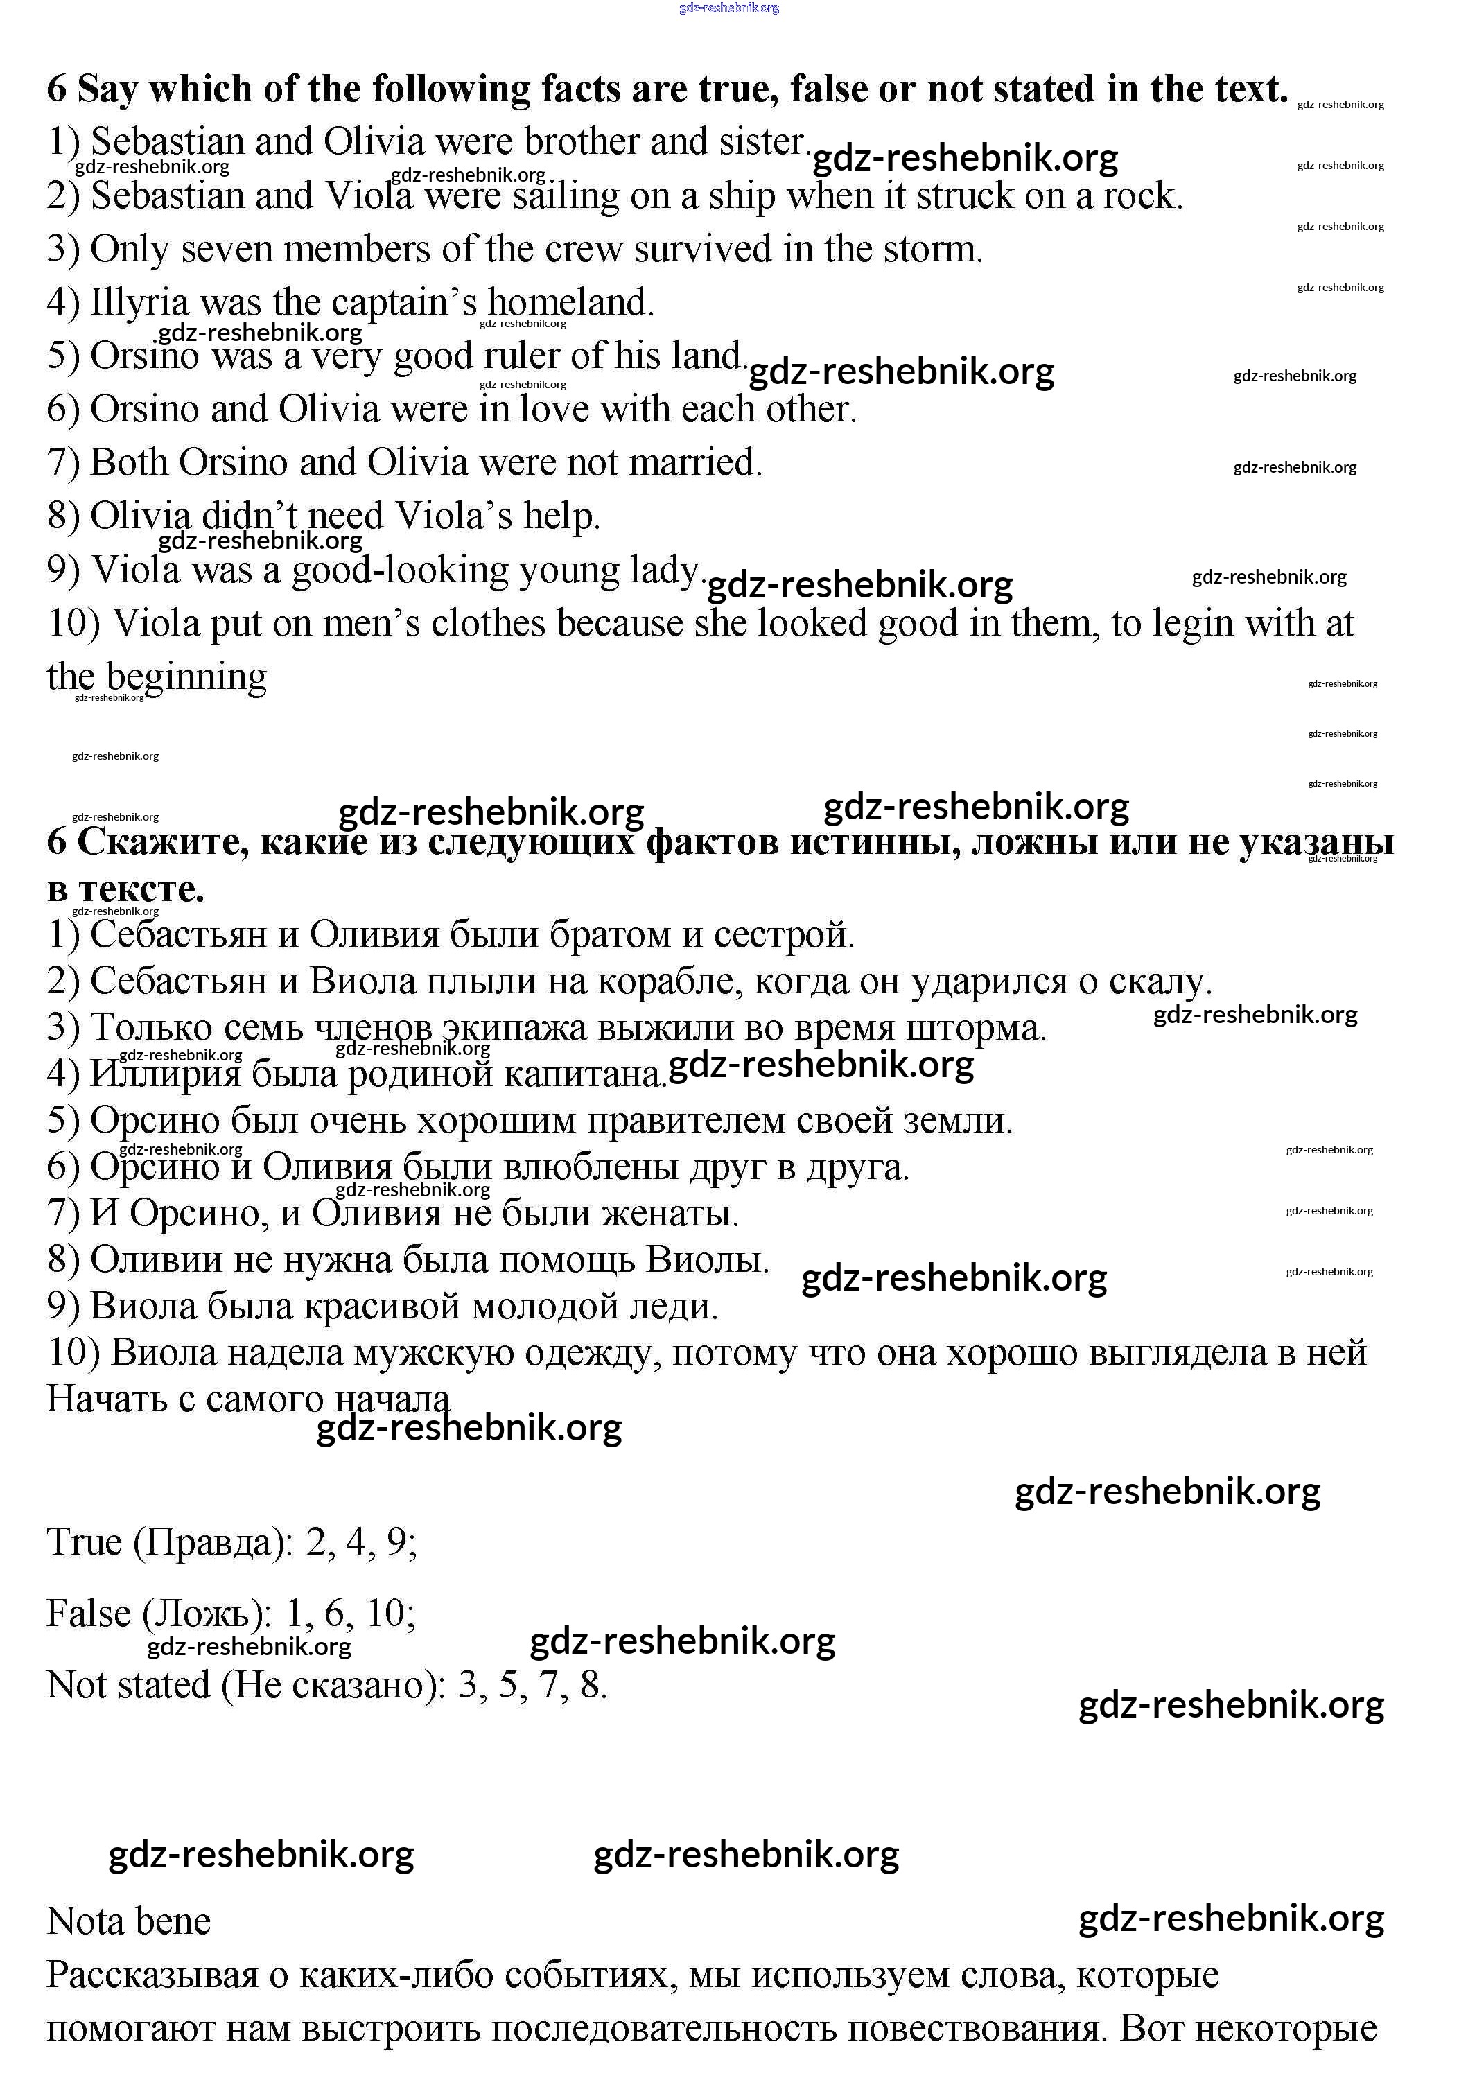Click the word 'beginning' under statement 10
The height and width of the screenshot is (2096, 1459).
186,677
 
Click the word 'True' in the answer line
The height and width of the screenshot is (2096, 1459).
84,1542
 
